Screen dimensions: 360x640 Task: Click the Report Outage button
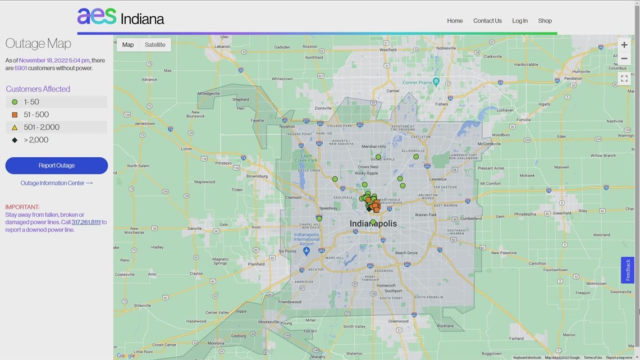[56, 166]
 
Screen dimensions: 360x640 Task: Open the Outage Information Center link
[56, 183]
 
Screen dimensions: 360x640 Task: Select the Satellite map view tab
[155, 45]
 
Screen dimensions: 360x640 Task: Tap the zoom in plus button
[624, 45]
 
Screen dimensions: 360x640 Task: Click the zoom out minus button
[624, 58]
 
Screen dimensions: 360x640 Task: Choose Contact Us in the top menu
[487, 21]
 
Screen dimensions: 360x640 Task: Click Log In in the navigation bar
[519, 21]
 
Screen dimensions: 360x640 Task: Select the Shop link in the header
[545, 21]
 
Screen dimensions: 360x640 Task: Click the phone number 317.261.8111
[86, 222]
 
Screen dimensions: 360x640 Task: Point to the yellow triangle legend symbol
[15, 127]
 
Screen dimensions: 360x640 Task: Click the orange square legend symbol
[15, 115]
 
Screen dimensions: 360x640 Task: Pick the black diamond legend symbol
[15, 140]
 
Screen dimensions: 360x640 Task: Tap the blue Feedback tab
[627, 270]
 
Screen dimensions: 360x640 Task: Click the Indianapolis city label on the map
[373, 224]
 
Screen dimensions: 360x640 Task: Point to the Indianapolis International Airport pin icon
[306, 250]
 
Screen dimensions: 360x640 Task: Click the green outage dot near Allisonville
[416, 157]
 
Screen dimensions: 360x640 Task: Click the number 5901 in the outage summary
[20, 68]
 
